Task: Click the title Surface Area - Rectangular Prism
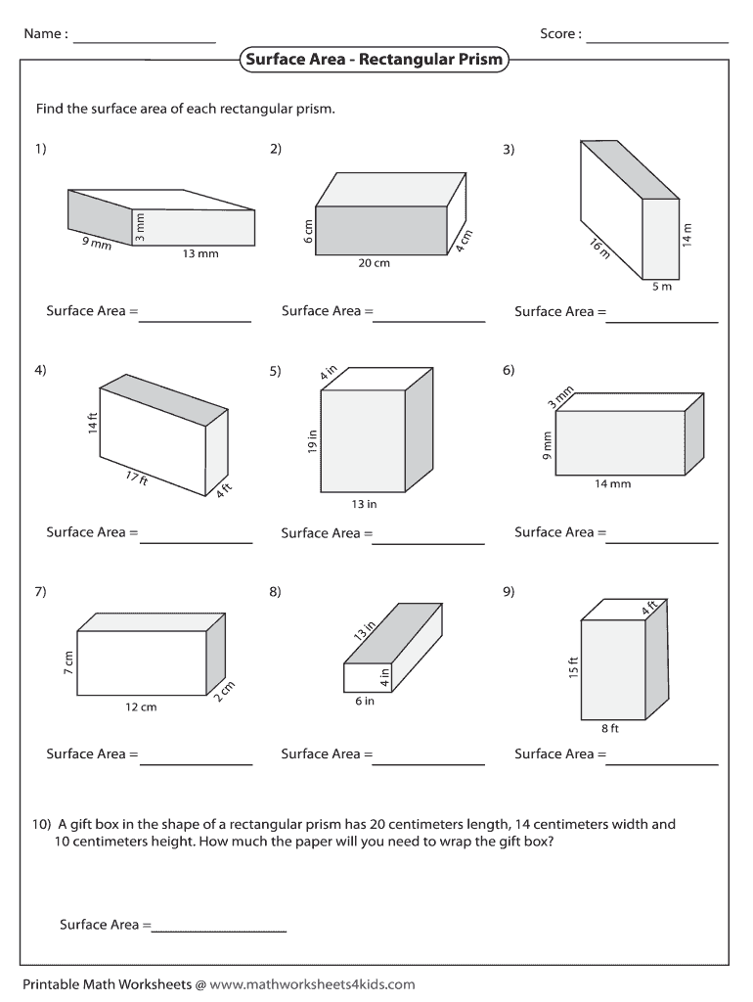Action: [x=375, y=60]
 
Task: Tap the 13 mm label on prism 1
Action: [x=200, y=253]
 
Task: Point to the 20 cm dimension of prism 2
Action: [x=375, y=262]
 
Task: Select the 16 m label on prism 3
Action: [x=600, y=248]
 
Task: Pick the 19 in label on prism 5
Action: [x=312, y=441]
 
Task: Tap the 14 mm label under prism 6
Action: [x=612, y=483]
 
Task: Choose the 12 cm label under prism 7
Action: [x=141, y=706]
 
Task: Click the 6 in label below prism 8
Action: [x=365, y=701]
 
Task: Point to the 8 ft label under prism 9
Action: [x=610, y=728]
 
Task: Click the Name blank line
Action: [x=145, y=43]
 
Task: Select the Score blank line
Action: [x=657, y=43]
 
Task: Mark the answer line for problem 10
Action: [x=218, y=932]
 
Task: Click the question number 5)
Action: [x=275, y=371]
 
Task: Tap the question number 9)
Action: [x=509, y=592]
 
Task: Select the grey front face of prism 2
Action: [x=381, y=231]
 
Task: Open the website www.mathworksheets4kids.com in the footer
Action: [x=312, y=984]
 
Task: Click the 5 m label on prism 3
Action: [x=662, y=287]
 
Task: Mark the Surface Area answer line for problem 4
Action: [x=197, y=543]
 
